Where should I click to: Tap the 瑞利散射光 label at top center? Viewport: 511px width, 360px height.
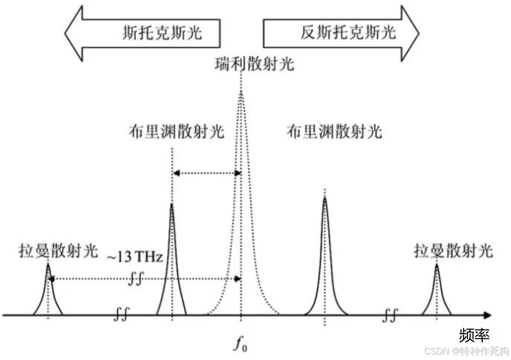(x=254, y=64)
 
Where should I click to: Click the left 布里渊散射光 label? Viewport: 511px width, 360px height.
(x=176, y=132)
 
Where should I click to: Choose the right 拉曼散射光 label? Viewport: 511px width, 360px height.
(x=454, y=251)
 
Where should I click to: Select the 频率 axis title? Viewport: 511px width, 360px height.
(x=474, y=335)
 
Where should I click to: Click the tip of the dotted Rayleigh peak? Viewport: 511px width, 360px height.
(x=241, y=93)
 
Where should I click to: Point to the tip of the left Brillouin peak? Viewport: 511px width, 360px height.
(x=171, y=204)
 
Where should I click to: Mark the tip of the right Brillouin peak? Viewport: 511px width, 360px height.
(x=325, y=198)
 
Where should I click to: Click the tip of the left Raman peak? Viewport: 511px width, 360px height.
(x=48, y=263)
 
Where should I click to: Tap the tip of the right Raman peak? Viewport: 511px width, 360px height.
(x=437, y=263)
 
